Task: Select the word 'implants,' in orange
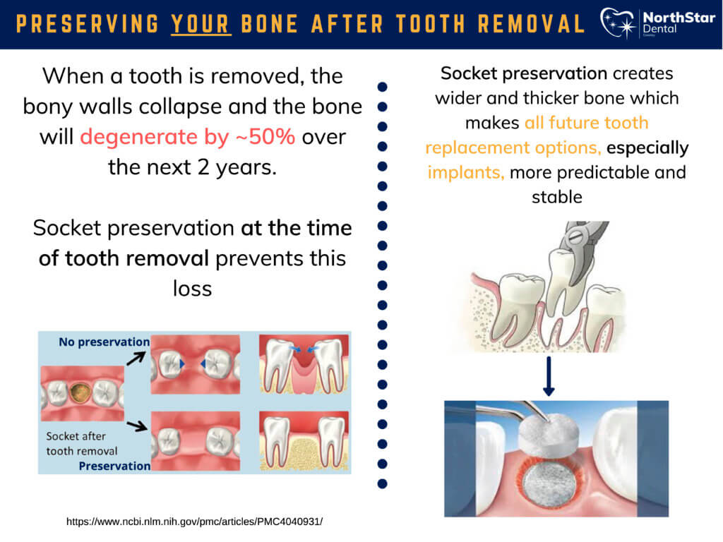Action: (466, 172)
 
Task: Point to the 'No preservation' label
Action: (104, 342)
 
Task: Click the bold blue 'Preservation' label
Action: (114, 466)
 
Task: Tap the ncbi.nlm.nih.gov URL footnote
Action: (195, 522)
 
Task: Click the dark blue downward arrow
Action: (549, 376)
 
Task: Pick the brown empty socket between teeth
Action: (80, 393)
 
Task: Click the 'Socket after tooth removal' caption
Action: (82, 443)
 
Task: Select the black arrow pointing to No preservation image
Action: (136, 358)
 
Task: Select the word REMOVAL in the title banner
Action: (531, 24)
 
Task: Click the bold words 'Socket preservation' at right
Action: (524, 73)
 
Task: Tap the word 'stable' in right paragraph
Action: (557, 198)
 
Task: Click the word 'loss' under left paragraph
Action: (192, 289)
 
